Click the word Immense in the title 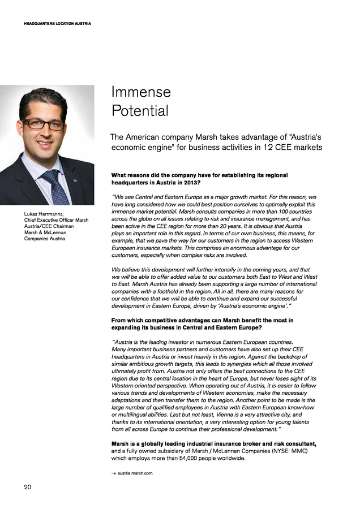pyautogui.click(x=141, y=92)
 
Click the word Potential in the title pyautogui.click(x=140, y=111)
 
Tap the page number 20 pyautogui.click(x=27, y=487)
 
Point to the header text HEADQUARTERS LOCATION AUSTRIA pyautogui.click(x=57, y=23)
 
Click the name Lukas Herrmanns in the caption pyautogui.click(x=43, y=214)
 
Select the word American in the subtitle pyautogui.click(x=151, y=137)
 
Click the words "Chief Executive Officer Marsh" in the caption pyautogui.click(x=56, y=220)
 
